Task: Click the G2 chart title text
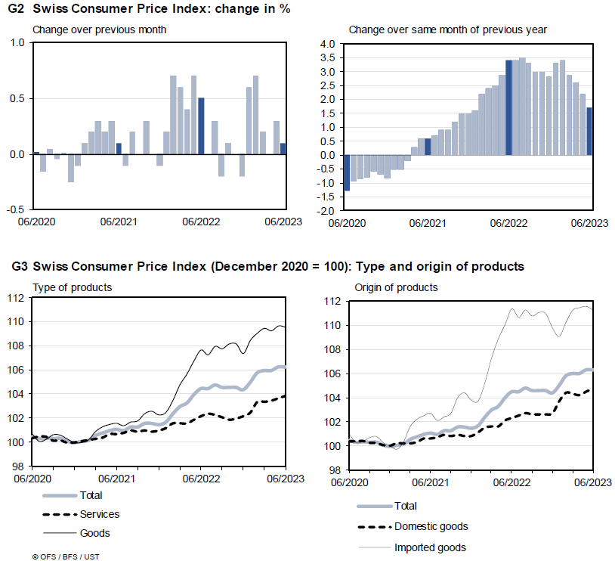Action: pos(151,9)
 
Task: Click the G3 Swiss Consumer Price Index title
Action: pos(268,266)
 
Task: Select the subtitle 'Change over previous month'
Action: pos(99,29)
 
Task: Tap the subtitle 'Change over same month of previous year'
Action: pos(448,29)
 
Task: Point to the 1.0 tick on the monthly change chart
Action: pos(17,43)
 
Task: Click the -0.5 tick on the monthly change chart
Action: pos(16,209)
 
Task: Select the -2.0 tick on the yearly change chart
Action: pos(326,210)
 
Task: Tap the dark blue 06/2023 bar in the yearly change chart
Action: pos(589,131)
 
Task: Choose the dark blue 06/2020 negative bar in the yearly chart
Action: pos(347,172)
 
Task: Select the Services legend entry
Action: pos(99,514)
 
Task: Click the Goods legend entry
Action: pos(94,533)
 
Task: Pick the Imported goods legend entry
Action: pos(430,547)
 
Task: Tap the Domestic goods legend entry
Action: pos(431,526)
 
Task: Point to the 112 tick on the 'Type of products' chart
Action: pos(16,297)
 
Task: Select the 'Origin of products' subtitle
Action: pos(396,287)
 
